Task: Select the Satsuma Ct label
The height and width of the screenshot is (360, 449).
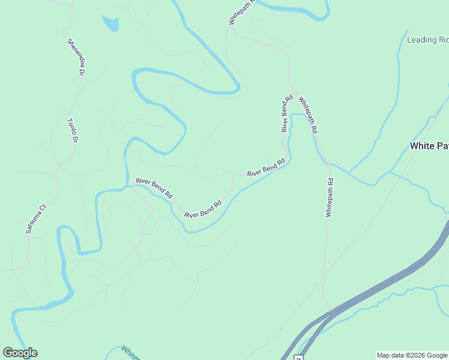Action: (x=35, y=219)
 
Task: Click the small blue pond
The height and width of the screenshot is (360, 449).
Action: (x=111, y=24)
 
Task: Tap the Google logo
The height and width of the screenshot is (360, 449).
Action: (x=20, y=353)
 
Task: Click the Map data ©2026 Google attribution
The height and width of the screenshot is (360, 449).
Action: (x=412, y=355)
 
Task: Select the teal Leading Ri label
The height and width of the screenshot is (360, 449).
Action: (x=427, y=40)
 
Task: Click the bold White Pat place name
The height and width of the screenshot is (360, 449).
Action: (x=429, y=146)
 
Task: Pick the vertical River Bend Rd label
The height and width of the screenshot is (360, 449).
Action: (x=287, y=113)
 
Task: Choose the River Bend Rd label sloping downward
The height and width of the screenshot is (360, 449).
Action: (x=154, y=188)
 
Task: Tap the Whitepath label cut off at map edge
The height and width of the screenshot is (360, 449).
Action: (x=242, y=13)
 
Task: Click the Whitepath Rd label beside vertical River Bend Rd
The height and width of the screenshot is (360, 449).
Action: (x=307, y=115)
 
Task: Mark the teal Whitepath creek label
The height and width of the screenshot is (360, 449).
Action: (x=131, y=353)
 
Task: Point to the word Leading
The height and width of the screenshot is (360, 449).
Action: (x=421, y=40)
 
